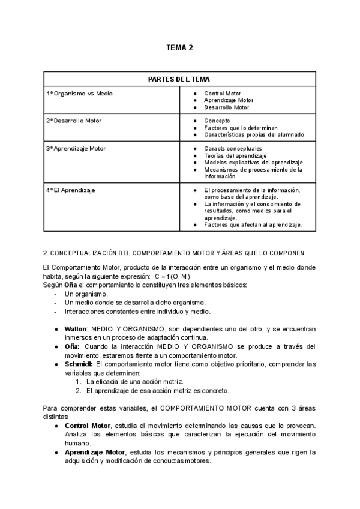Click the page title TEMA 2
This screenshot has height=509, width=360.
179,47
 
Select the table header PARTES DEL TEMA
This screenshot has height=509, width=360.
179,79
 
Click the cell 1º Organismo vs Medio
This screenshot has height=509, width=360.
80,94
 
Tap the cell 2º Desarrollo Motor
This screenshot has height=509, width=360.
74,121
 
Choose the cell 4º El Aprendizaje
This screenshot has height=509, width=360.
71,190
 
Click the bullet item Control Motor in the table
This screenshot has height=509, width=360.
222,94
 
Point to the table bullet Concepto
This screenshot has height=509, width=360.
217,121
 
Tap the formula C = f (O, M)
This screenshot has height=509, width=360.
173,276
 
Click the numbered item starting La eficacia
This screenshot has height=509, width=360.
135,381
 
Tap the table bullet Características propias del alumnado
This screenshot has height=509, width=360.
254,134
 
